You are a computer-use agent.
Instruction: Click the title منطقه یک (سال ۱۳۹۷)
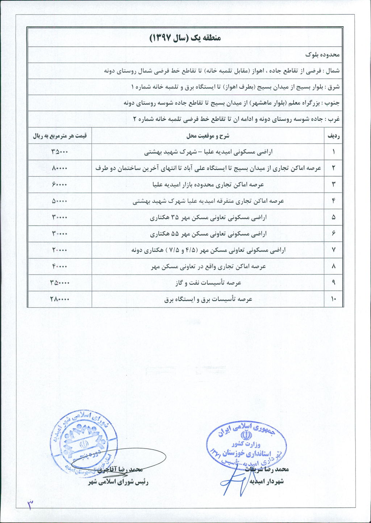pyautogui.click(x=185, y=38)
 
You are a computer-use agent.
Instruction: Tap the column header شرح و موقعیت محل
pyautogui.click(x=208, y=136)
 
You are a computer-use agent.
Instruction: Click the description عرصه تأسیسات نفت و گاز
pyautogui.click(x=208, y=283)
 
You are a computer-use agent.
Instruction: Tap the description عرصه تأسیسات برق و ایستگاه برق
pyautogui.click(x=208, y=299)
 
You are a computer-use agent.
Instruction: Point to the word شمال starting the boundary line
pyautogui.click(x=333, y=71)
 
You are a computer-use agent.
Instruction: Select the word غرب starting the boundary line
pyautogui.click(x=334, y=119)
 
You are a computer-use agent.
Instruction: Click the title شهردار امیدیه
pyautogui.click(x=266, y=481)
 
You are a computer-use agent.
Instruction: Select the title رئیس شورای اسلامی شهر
pyautogui.click(x=118, y=482)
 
